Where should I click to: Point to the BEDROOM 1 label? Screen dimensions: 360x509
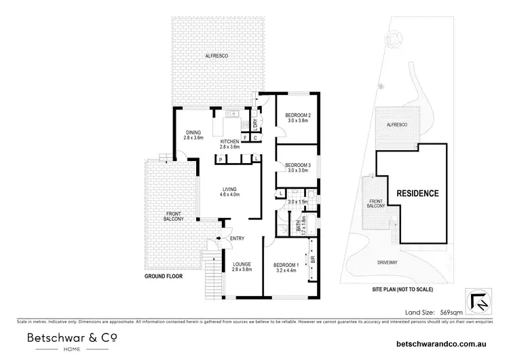(x=286, y=264)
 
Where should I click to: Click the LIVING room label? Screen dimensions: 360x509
(x=228, y=190)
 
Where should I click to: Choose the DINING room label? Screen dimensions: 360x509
(x=193, y=132)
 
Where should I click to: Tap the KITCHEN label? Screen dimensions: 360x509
(x=229, y=141)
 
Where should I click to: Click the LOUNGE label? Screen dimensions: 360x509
(x=242, y=264)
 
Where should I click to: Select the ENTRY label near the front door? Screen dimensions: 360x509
(x=237, y=238)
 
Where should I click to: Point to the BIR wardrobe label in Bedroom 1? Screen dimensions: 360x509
(x=313, y=259)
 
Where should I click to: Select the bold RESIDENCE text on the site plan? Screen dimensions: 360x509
(x=417, y=194)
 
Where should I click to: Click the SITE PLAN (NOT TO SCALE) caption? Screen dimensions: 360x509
(x=402, y=289)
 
